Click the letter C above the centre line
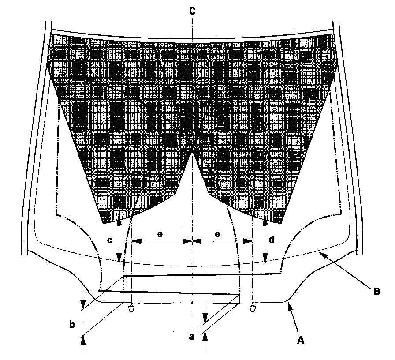[x=192, y=12]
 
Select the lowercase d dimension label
[x=272, y=240]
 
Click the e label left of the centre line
[x=160, y=234]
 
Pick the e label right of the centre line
[x=217, y=234]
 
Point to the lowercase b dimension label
[x=72, y=325]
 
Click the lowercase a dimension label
[x=191, y=337]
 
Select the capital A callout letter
[x=300, y=340]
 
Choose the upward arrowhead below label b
[x=83, y=339]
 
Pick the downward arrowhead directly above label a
[x=205, y=319]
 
